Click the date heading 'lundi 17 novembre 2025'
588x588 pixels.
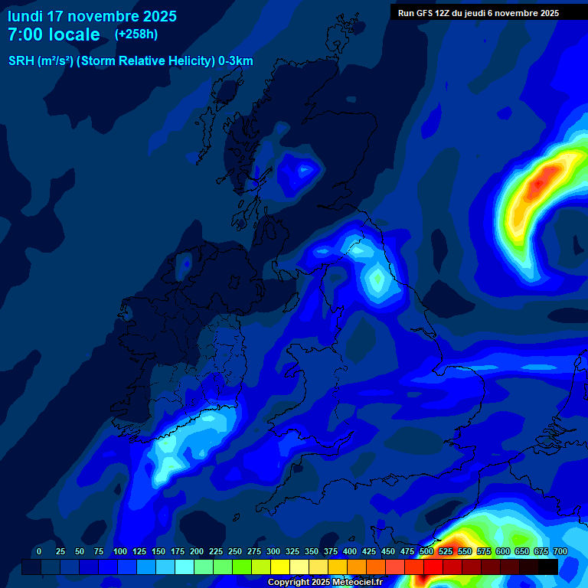coord(92,16)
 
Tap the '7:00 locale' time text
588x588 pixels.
coord(54,34)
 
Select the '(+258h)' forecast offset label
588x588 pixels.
coord(136,34)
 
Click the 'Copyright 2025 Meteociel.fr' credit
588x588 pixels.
coord(324,583)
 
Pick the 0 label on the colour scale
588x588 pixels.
coord(39,551)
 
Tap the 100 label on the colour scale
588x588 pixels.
coord(119,551)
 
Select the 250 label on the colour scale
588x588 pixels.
coord(235,551)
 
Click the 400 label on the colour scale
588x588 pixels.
coord(350,551)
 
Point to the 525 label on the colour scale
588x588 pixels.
coord(446,551)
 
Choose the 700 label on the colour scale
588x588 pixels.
coord(560,551)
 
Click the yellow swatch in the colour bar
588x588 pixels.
coord(280,567)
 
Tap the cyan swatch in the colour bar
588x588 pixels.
coord(185,567)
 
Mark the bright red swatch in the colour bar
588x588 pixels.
coord(433,567)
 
